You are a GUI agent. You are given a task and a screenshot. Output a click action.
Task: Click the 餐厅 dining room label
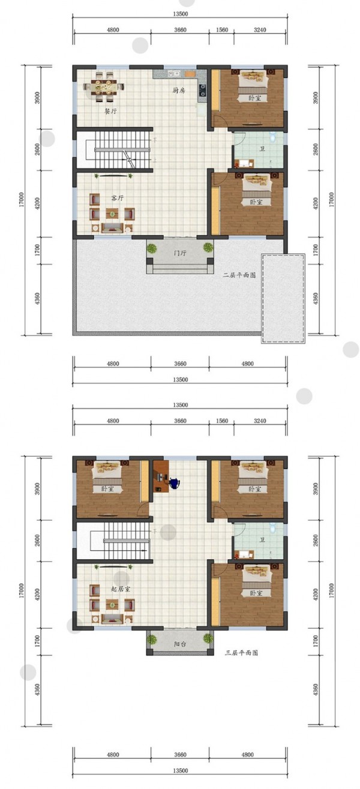tap(110, 112)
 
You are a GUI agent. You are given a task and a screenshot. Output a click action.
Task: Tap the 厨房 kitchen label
tap(179, 90)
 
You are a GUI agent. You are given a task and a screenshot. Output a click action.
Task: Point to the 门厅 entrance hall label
tap(180, 253)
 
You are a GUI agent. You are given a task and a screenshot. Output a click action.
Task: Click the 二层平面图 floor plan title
tap(239, 275)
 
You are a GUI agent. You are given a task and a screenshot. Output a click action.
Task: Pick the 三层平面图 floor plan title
tap(241, 653)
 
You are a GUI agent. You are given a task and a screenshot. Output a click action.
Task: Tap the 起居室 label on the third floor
tap(121, 589)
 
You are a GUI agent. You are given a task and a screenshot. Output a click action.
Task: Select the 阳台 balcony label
tap(180, 644)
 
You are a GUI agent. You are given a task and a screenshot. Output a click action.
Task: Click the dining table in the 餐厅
tap(104, 86)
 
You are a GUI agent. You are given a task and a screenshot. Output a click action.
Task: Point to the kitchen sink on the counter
tap(174, 74)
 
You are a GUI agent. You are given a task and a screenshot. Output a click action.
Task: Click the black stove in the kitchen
tap(203, 91)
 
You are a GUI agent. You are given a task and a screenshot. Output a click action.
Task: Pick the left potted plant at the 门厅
tap(152, 248)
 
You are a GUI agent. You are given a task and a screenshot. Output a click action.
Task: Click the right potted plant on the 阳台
tap(208, 638)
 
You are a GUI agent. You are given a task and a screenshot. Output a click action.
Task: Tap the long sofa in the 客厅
tap(112, 228)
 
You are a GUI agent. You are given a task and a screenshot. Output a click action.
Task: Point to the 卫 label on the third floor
tap(262, 539)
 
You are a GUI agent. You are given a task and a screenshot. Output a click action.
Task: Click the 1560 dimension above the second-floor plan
tap(222, 30)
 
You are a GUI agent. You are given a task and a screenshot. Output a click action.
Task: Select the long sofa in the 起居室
tap(112, 619)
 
